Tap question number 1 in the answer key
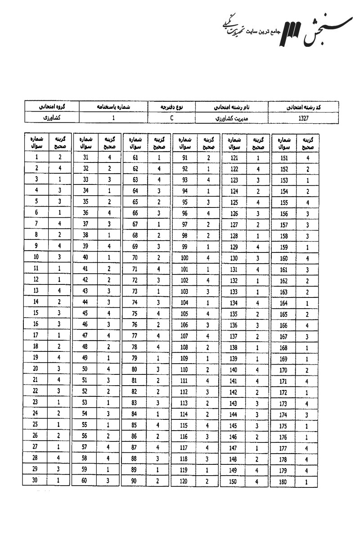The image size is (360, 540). pyautogui.click(x=36, y=157)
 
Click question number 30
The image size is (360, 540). pyautogui.click(x=36, y=481)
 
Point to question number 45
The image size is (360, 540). pyautogui.click(x=85, y=314)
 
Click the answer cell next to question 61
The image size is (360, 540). pyautogui.click(x=159, y=157)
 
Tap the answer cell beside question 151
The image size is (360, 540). pyautogui.click(x=308, y=158)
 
